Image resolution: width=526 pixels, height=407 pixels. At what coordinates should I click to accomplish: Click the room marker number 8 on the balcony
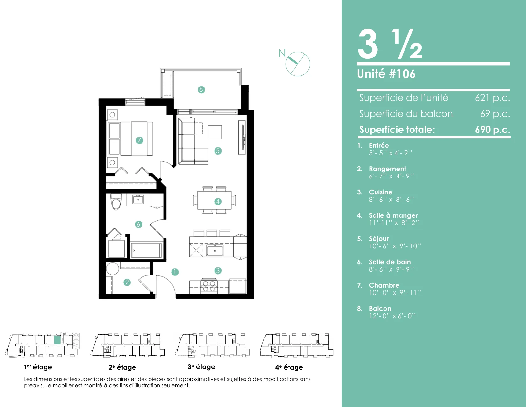coord(201,89)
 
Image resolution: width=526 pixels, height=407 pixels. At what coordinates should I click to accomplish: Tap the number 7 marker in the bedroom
coord(139,140)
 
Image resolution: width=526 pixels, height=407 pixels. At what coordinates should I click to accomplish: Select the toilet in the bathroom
coord(116,202)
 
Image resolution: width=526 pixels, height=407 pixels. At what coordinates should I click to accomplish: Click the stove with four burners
coord(209,286)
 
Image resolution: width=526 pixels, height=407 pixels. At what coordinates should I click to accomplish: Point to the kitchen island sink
coord(215,250)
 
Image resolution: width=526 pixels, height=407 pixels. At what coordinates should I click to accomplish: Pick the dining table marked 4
coord(215,200)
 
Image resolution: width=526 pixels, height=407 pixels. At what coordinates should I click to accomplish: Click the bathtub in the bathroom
coord(146,250)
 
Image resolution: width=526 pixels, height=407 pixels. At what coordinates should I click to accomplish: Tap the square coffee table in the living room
coord(215,132)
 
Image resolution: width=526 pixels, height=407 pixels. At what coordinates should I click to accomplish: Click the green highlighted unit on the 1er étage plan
coord(57,340)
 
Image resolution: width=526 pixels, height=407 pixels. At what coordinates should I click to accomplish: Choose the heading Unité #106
coord(386,74)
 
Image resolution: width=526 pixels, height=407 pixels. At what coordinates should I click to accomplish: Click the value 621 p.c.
coord(492,98)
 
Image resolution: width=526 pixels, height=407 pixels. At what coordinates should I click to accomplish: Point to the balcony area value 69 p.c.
coord(495,113)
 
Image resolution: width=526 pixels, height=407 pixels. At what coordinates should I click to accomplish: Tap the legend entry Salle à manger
coord(393,215)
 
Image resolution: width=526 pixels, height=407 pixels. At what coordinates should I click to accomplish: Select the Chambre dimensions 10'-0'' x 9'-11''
coord(395,293)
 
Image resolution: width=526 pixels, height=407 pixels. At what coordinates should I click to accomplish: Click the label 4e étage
coord(289,367)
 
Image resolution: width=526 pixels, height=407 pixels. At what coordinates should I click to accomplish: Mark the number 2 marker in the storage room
coord(127,282)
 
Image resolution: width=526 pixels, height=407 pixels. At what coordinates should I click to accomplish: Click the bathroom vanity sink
coord(138,200)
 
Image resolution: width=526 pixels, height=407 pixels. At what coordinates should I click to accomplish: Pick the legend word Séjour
coord(379,239)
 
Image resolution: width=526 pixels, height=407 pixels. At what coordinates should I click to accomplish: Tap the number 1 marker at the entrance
coord(175,272)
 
